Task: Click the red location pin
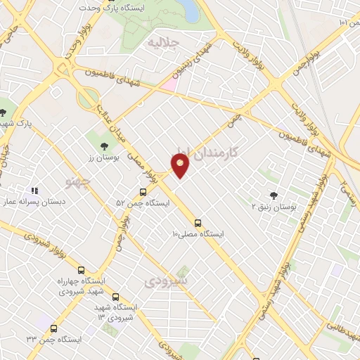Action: click(x=181, y=165)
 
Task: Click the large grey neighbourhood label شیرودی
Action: click(x=166, y=281)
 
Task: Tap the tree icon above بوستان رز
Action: click(x=105, y=146)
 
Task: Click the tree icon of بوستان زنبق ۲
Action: click(x=274, y=195)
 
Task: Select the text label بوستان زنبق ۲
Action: click(x=274, y=207)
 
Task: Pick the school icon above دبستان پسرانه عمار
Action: click(x=33, y=190)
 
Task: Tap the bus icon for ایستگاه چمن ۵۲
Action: click(x=143, y=192)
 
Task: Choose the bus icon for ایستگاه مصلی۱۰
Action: click(x=198, y=224)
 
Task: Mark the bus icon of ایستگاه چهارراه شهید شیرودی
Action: click(x=81, y=270)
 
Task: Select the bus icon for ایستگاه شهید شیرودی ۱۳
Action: click(x=116, y=297)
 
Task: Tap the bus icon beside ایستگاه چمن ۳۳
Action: click(x=54, y=328)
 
